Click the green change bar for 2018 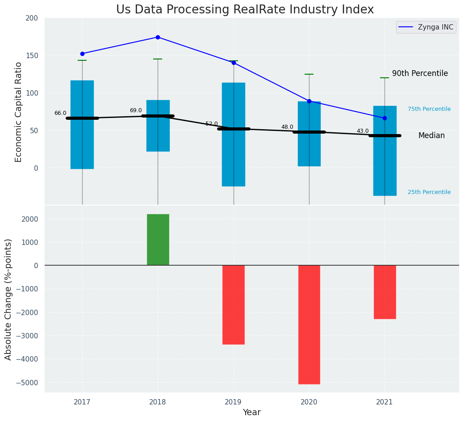(158, 240)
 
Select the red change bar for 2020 (309, 324)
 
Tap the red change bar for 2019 (233, 304)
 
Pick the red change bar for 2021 (385, 292)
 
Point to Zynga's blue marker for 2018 (158, 37)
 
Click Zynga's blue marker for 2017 (82, 54)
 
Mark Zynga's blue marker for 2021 (385, 118)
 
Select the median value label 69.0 (136, 110)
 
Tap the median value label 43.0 (363, 131)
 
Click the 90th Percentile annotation (420, 73)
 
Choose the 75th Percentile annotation (429, 109)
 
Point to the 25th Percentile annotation (429, 192)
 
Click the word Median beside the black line (431, 135)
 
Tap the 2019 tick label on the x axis (233, 402)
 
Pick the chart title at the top (245, 9)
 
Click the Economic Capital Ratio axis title (19, 112)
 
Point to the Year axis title (251, 413)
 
